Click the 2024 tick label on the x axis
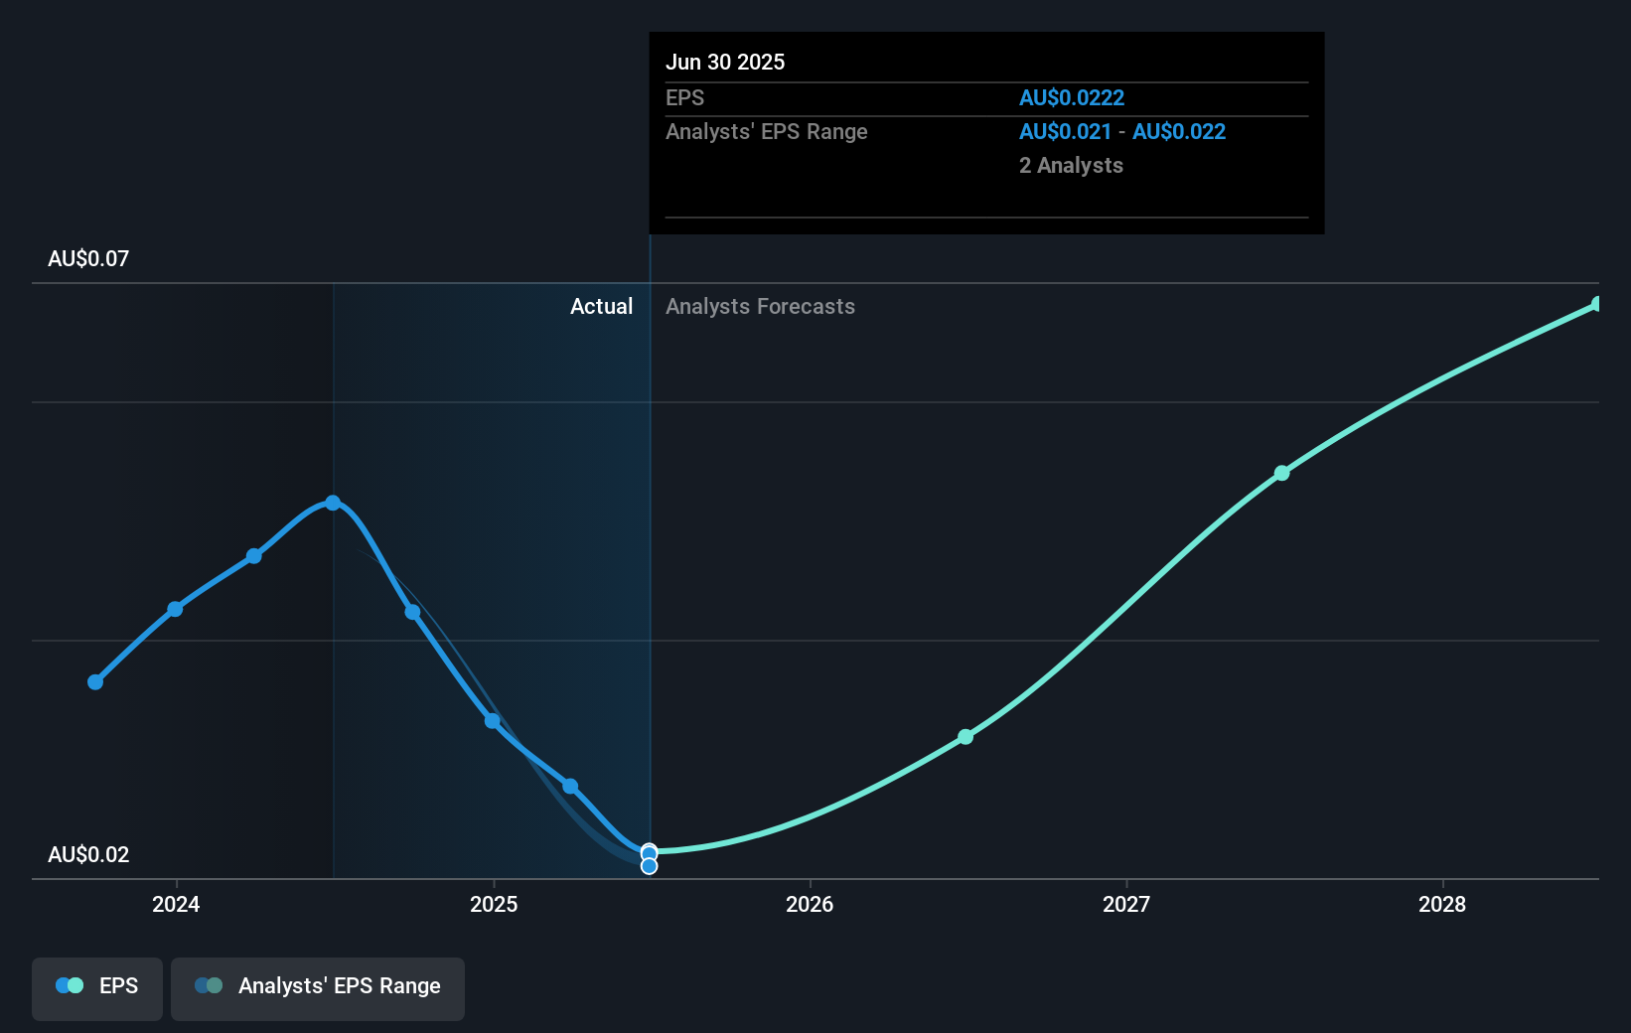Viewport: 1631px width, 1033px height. point(176,904)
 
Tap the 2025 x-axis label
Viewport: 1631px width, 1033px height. point(494,904)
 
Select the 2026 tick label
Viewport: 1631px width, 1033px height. point(810,904)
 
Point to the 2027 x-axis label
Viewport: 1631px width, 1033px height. point(1126,904)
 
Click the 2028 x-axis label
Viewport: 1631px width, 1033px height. point(1442,904)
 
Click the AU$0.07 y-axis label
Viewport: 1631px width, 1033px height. point(88,259)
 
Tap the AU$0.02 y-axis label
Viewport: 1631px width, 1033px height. point(88,855)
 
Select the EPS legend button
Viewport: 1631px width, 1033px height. point(97,986)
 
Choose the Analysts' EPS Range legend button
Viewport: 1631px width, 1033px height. point(318,986)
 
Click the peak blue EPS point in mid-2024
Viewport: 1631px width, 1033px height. point(333,503)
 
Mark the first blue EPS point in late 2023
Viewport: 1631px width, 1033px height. point(95,682)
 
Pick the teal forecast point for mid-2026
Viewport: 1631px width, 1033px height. point(965,737)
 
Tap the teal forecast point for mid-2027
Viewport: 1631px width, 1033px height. point(1282,473)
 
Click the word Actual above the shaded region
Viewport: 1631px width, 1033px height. point(601,307)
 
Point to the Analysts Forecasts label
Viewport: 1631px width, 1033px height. point(760,307)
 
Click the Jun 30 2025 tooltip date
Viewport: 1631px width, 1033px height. point(725,63)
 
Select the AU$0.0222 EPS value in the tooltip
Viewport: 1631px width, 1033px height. point(1072,98)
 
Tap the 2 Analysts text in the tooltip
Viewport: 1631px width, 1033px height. point(1071,166)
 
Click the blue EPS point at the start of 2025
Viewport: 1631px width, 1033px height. point(492,720)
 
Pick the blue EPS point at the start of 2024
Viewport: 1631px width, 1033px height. point(175,609)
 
